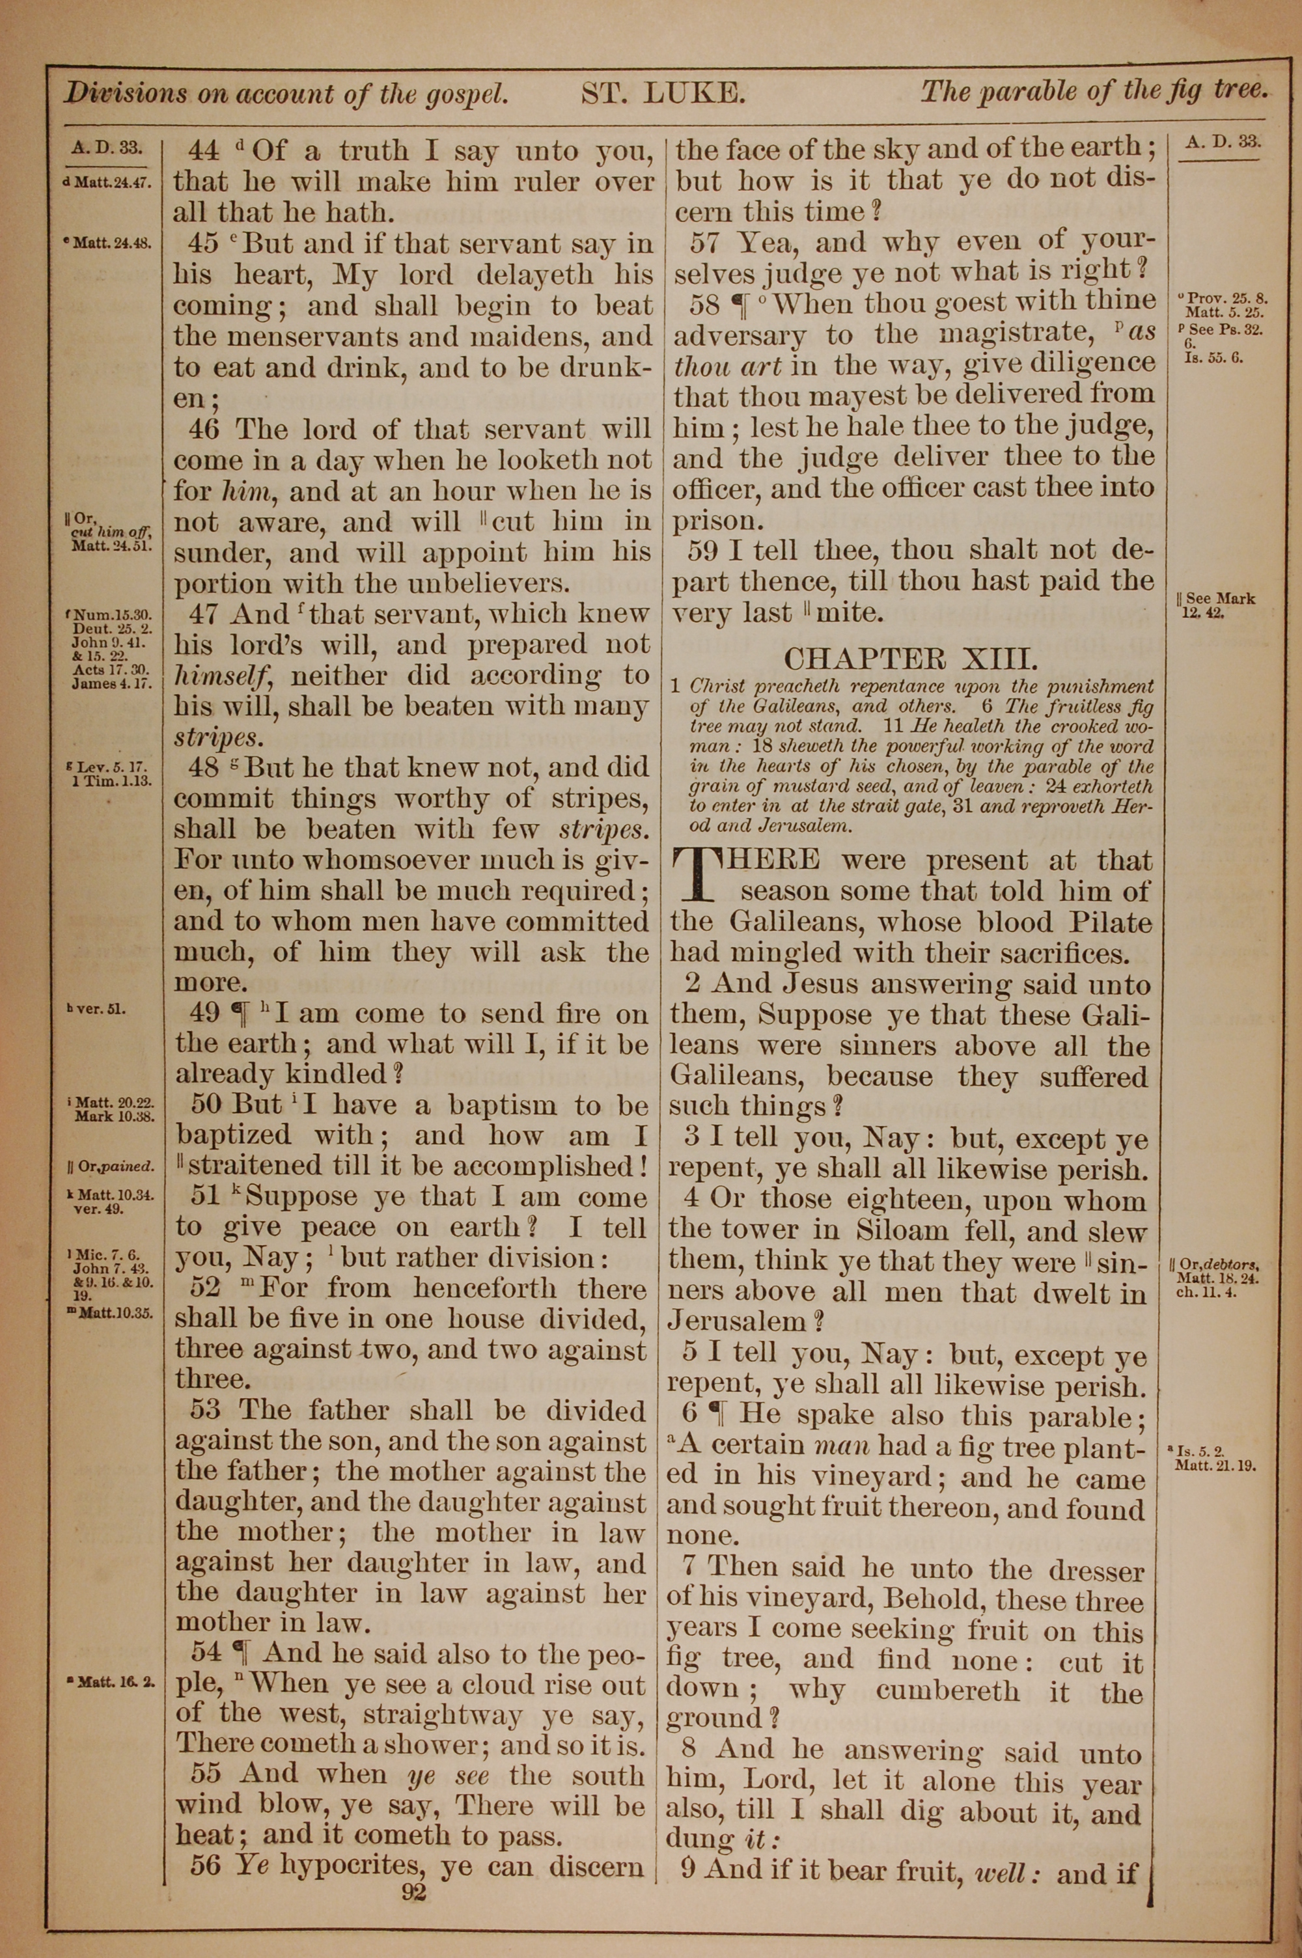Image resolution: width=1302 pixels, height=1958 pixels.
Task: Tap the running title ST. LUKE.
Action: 662,93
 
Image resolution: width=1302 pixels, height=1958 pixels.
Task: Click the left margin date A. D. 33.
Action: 107,148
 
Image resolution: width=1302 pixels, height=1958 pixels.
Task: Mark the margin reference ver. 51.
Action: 100,1011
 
